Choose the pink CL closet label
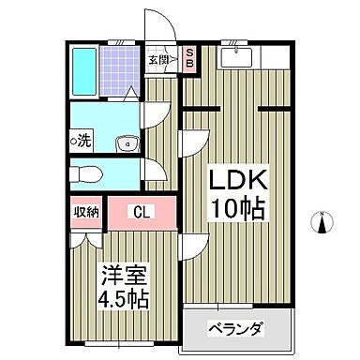click(141, 211)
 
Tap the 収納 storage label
click(86, 211)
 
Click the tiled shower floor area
click(119, 67)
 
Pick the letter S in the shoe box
click(188, 52)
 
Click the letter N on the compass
click(322, 214)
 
